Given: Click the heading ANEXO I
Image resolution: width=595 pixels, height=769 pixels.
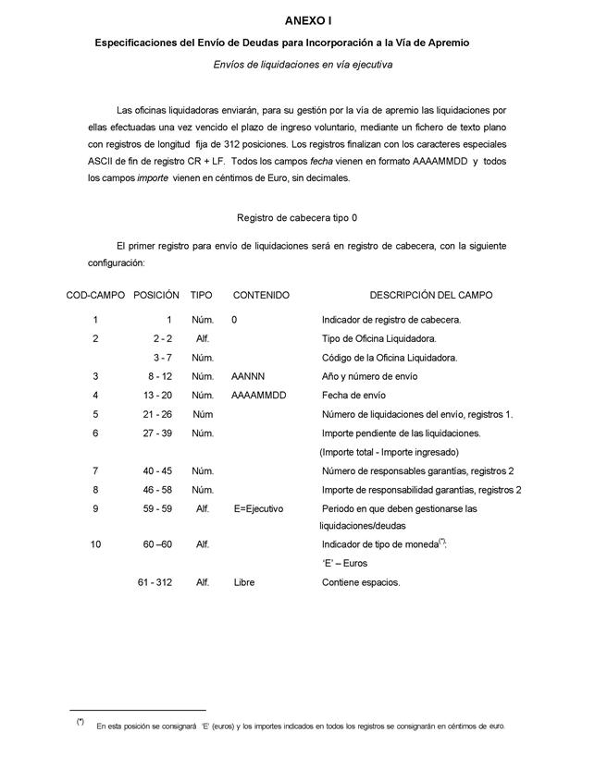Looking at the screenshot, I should tap(309, 19).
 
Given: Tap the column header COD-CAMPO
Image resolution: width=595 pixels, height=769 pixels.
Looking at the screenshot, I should tap(95, 296).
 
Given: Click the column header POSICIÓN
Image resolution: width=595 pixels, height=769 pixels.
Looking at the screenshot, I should tap(156, 296).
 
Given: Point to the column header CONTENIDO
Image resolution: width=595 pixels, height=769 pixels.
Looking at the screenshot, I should tap(261, 296).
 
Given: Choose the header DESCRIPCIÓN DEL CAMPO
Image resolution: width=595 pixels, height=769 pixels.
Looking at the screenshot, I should tap(430, 296).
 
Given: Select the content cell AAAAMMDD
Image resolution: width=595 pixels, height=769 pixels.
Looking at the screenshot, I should tap(259, 396).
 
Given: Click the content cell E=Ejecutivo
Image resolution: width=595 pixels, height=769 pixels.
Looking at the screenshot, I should tap(259, 509).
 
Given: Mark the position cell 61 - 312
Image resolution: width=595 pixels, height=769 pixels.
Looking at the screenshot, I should tap(155, 583).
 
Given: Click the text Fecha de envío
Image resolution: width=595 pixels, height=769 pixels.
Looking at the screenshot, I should tap(353, 396).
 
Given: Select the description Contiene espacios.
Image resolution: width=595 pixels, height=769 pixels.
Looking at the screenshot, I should tap(361, 583).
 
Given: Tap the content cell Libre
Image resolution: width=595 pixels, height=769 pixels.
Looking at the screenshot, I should tap(244, 583).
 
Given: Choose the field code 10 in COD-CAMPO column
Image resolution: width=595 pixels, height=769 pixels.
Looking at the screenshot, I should tap(95, 544).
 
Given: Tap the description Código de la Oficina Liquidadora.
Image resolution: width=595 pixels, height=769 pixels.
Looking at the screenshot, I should tap(389, 358).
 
